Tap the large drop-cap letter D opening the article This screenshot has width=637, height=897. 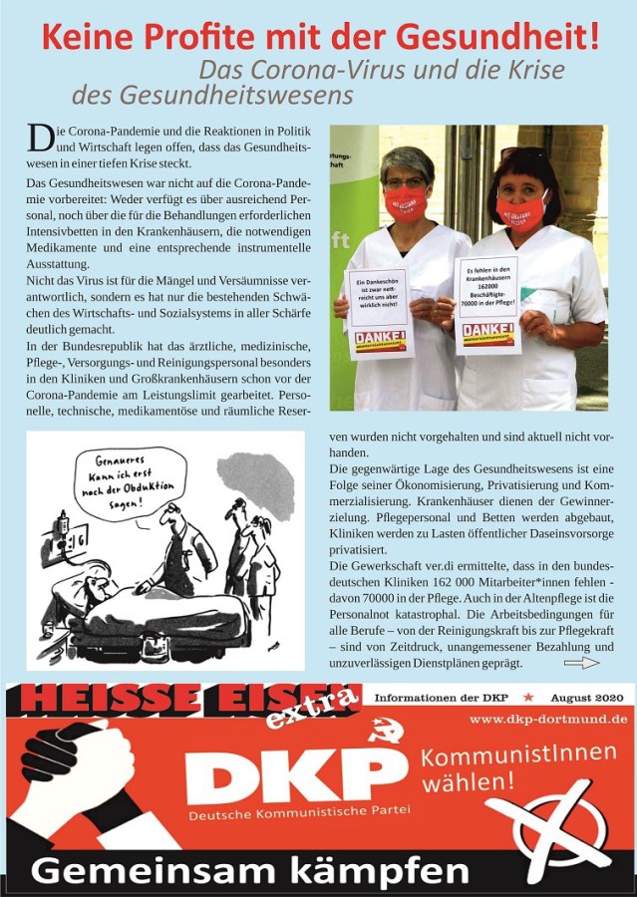pyautogui.click(x=39, y=139)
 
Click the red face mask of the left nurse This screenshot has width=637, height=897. pyautogui.click(x=406, y=200)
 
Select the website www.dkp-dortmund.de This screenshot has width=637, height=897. pyautogui.click(x=548, y=718)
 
